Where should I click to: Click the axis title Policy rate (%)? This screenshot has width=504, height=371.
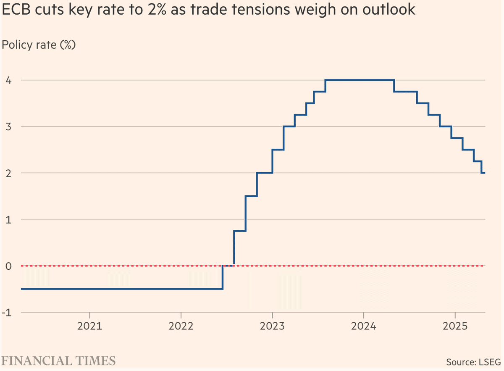coord(39,45)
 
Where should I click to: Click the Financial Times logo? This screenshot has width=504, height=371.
coord(59,360)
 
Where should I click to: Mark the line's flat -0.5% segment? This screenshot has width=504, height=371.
coord(122,289)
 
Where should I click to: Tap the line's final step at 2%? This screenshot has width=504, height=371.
coord(483,173)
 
